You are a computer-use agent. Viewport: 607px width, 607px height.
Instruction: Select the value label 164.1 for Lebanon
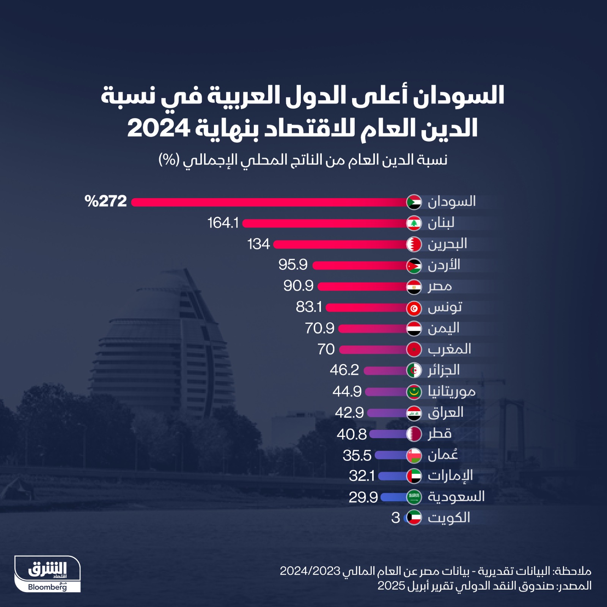(223, 223)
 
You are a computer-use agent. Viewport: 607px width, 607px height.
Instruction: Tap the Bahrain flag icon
(414, 244)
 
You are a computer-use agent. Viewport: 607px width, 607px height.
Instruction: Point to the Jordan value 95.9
(292, 265)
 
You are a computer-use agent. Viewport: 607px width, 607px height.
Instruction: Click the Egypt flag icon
(414, 287)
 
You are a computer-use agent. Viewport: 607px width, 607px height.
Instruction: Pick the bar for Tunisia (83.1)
(366, 307)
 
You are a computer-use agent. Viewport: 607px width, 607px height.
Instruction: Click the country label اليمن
(443, 328)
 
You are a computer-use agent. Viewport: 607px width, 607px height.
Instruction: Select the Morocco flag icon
(414, 349)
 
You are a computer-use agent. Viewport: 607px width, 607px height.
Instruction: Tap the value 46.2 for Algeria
(344, 370)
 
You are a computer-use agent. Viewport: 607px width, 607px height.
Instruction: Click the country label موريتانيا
(451, 391)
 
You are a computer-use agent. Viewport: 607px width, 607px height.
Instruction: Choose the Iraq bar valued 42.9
(387, 413)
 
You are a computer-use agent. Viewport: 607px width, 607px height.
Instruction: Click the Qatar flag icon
(414, 434)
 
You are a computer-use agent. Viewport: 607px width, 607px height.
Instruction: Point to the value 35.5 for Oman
(357, 455)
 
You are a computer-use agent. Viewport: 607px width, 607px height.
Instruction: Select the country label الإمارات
(450, 476)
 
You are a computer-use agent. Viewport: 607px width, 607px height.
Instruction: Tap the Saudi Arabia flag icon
(414, 497)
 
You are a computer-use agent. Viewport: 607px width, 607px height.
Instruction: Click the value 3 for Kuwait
(395, 518)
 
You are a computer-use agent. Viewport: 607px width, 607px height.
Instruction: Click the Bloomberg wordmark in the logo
(47, 587)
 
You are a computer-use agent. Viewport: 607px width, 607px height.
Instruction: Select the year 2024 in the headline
(158, 128)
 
